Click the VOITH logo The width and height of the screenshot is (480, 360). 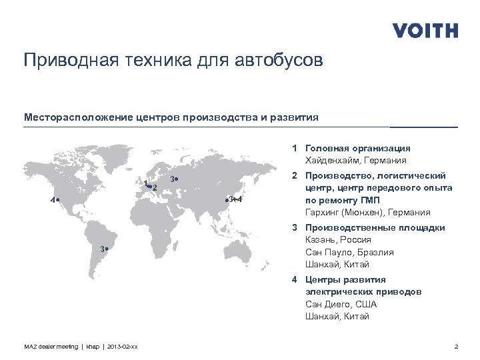click(425, 31)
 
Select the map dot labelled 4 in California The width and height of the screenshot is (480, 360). click(59, 199)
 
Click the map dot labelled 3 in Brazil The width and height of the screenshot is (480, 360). click(107, 249)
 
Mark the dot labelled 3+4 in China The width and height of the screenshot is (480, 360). click(227, 200)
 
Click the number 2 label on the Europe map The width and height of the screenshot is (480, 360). click(155, 188)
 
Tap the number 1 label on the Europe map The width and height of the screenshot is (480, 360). click(145, 183)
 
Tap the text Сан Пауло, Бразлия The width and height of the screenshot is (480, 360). click(349, 253)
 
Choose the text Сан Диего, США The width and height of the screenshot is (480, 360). click(341, 305)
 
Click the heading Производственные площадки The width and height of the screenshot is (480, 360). click(375, 228)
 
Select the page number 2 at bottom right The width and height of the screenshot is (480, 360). click(455, 345)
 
